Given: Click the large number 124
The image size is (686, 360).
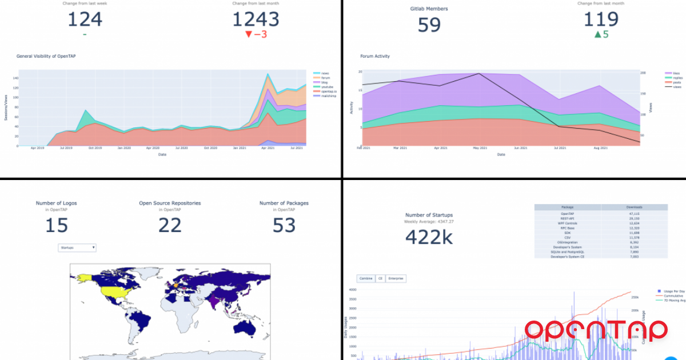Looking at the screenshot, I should pos(85,19).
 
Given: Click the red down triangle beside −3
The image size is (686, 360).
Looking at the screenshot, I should pos(248,35).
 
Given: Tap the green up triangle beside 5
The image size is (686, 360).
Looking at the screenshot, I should pos(598,35).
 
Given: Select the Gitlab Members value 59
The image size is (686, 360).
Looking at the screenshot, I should pos(429,25).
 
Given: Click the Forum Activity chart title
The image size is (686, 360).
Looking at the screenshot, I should pos(375,56).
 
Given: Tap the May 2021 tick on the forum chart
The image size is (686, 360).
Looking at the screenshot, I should pos(480,148).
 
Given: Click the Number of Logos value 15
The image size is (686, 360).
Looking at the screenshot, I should pos(56,225).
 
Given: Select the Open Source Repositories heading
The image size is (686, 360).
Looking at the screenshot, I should pos(170,203).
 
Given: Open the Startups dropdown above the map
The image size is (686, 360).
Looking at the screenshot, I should pos(77,247).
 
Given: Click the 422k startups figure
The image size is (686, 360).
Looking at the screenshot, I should pos(428,237).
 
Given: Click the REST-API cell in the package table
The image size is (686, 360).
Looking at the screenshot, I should pos(567,218).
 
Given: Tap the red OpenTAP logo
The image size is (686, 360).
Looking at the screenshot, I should pos(596,330).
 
